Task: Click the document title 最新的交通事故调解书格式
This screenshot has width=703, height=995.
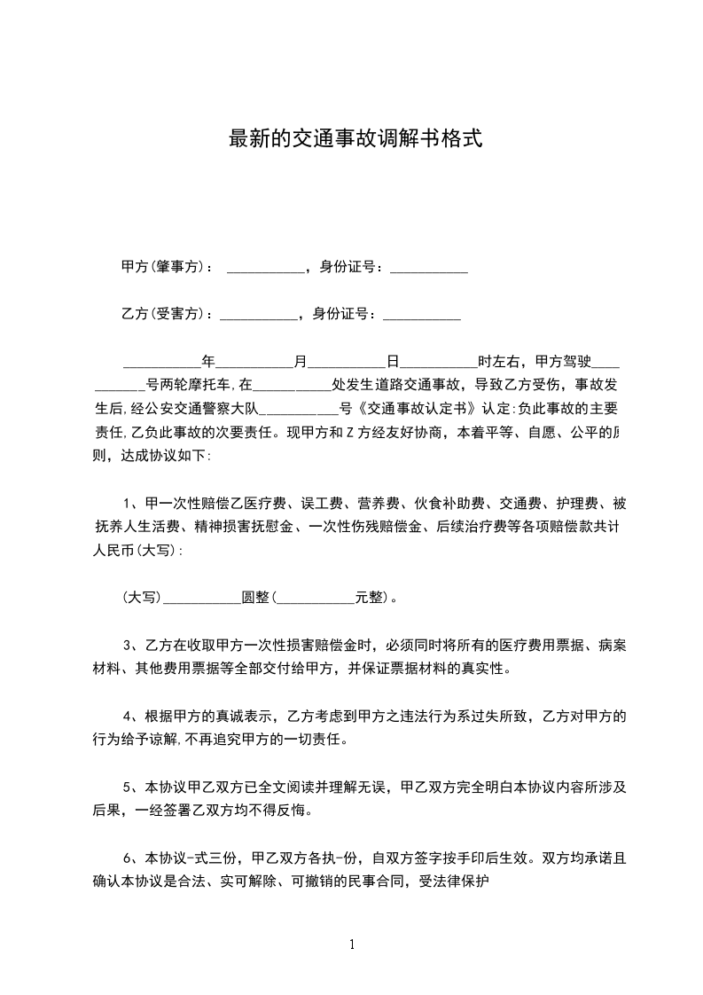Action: click(355, 139)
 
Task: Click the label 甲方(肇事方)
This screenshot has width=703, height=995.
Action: click(162, 267)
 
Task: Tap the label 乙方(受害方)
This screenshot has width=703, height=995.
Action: click(162, 313)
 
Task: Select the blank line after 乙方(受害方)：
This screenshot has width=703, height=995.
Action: click(258, 315)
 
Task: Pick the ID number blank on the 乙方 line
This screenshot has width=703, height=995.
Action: click(421, 315)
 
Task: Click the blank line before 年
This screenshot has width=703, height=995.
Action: click(161, 364)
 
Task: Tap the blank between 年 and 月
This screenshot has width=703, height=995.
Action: click(254, 364)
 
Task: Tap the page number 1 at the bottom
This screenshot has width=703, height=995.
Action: click(352, 944)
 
